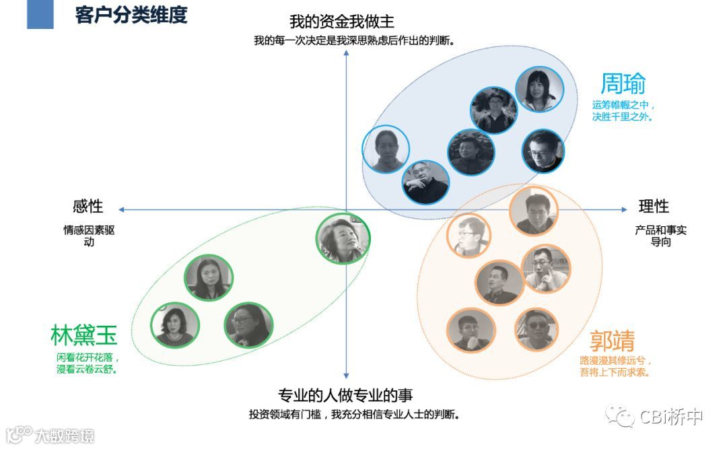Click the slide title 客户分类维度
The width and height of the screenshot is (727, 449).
pyautogui.click(x=131, y=15)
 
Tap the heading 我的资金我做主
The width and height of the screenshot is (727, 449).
pyautogui.click(x=341, y=21)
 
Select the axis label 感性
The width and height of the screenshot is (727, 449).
pyautogui.click(x=88, y=207)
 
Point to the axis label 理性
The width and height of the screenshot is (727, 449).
pyautogui.click(x=654, y=206)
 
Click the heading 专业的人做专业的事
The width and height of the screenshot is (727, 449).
pyautogui.click(x=345, y=395)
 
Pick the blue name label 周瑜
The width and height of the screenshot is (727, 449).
pyautogui.click(x=623, y=83)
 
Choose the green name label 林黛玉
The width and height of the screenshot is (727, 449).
pyautogui.click(x=83, y=335)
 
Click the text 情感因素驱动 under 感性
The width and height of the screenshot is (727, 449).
pyautogui.click(x=89, y=236)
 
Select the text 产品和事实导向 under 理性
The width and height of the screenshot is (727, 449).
pyautogui.click(x=660, y=236)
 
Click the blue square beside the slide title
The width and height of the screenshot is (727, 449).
pyautogui.click(x=40, y=14)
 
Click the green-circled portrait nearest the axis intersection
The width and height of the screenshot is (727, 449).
pyautogui.click(x=343, y=238)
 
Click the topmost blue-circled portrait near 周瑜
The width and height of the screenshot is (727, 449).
pyautogui.click(x=539, y=90)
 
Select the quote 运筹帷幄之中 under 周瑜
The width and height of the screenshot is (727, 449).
pyautogui.click(x=623, y=105)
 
